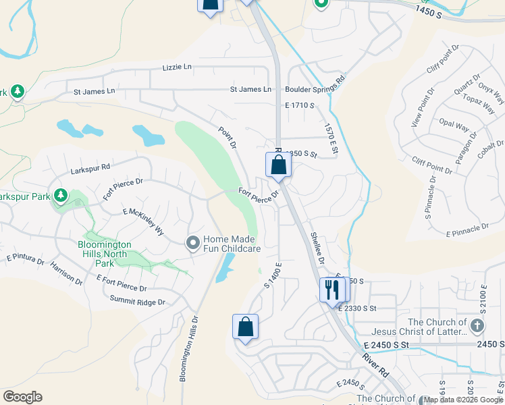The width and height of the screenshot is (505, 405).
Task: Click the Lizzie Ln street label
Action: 178,67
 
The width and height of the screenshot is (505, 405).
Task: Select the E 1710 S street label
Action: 300,105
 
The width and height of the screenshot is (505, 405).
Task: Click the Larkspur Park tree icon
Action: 61,196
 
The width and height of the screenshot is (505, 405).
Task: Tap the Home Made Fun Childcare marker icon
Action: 193,242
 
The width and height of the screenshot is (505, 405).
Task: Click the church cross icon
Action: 477,327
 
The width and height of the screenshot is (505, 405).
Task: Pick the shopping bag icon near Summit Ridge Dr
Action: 246,327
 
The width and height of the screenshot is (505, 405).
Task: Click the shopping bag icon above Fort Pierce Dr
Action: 278,165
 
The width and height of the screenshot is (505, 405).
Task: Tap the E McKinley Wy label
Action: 144,221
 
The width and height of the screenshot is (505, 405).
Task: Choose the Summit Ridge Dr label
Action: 138,298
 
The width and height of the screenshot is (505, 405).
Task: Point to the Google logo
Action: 22,397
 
